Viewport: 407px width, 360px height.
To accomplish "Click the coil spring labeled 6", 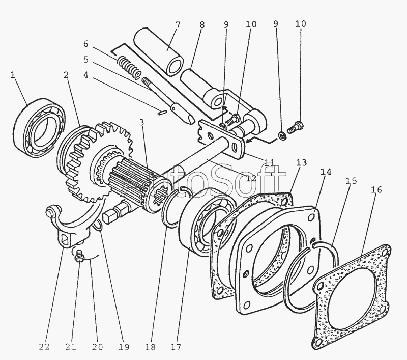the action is [128, 68].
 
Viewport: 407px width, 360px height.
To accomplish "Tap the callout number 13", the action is [302, 163].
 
